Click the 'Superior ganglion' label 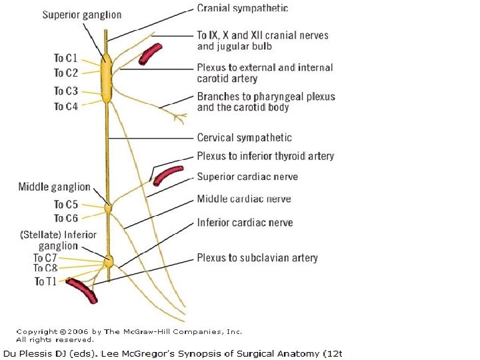[83, 15]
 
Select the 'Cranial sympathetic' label [243, 9]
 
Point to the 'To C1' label [66, 59]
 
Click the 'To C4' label [66, 107]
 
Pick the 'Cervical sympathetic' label [244, 138]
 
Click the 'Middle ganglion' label [54, 187]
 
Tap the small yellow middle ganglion [107, 209]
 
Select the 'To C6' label [66, 219]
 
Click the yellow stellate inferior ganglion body [109, 261]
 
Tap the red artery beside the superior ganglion [150, 55]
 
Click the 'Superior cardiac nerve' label [247, 177]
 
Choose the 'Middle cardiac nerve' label [244, 199]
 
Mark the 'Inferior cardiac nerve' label [245, 223]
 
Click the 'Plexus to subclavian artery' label [257, 258]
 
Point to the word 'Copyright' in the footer [37, 331]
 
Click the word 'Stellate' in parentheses [42, 235]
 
